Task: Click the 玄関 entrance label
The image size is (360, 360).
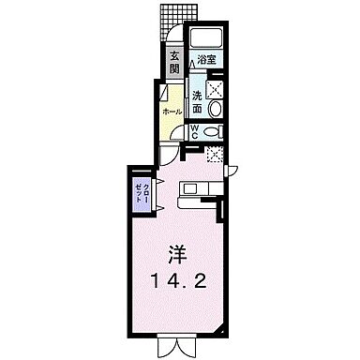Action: (173, 63)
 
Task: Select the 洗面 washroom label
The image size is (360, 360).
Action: (198, 100)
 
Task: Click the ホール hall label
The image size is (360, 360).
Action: (171, 112)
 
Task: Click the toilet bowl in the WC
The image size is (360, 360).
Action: (215, 132)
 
